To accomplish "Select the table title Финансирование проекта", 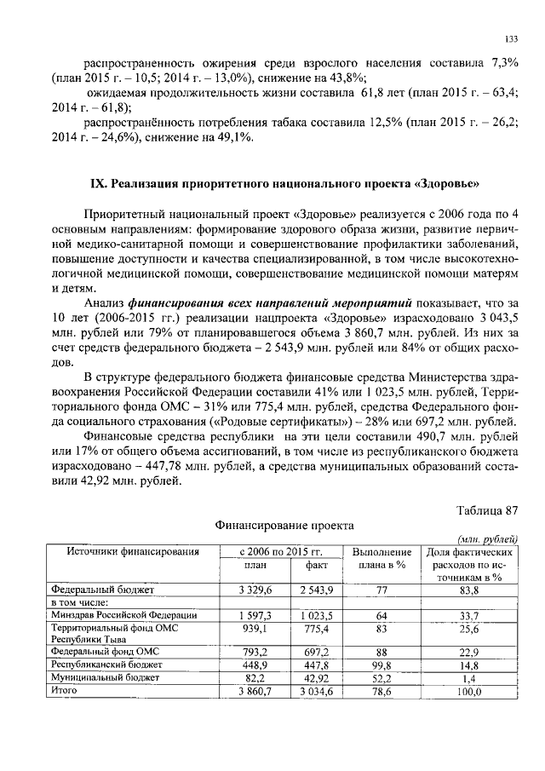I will (x=284, y=526).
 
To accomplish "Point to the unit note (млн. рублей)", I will (x=487, y=539).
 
